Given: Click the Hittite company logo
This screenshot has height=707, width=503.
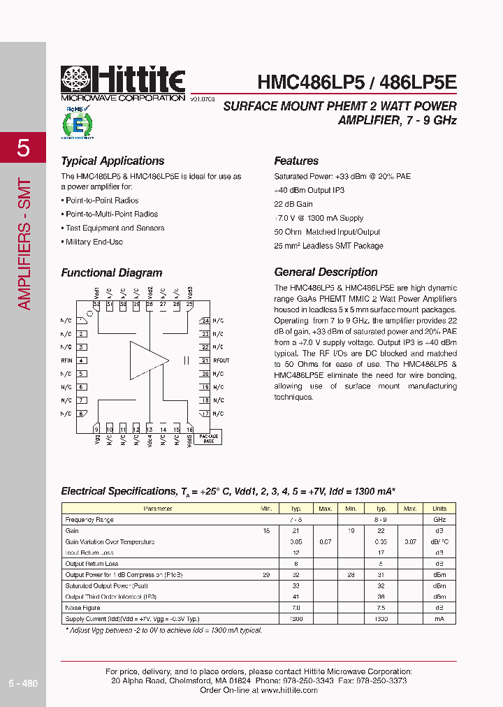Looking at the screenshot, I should click(123, 83).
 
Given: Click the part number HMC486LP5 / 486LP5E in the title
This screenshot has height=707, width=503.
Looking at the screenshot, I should click(357, 82).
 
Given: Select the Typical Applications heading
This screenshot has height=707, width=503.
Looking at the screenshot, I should click(112, 161).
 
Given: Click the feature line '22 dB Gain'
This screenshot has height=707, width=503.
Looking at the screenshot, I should click(293, 204).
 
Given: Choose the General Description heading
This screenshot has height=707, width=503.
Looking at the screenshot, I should click(326, 272).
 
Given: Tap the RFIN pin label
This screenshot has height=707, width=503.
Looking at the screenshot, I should click(67, 360).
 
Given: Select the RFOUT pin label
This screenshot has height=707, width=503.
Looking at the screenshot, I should click(221, 360).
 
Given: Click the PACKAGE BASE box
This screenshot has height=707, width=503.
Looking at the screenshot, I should click(209, 439).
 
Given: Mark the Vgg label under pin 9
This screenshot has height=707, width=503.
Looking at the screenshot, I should click(96, 439).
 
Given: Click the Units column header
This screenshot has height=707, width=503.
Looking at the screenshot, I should click(439, 509).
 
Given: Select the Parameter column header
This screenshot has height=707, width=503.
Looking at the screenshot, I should click(158, 509).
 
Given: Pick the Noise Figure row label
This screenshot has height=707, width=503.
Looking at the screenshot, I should click(82, 608).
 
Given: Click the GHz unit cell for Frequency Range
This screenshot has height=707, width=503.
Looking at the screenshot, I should click(439, 520).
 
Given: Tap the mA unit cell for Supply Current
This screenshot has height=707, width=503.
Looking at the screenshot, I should click(439, 619).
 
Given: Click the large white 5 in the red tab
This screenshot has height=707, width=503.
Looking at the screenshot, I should click(23, 147).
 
